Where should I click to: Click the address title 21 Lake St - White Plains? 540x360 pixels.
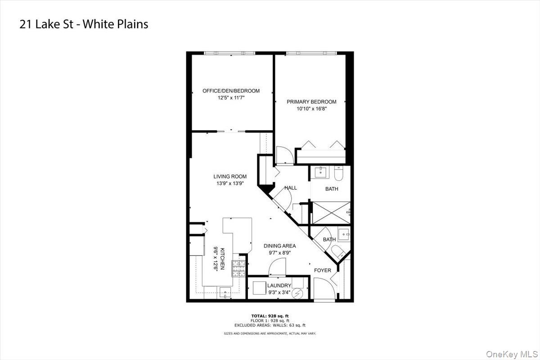coord(84,24)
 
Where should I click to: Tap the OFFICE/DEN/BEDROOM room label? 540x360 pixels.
coord(231,91)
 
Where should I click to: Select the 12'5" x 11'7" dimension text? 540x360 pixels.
coord(231,98)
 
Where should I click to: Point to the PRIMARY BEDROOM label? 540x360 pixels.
coord(311,102)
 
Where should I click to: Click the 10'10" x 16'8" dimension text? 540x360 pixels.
coord(311,109)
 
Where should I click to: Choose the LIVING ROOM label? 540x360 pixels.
coord(230,176)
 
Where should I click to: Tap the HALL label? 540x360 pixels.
coord(291,188)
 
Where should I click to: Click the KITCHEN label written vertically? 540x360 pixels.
coord(222,259)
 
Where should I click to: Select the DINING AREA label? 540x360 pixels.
coord(279,246)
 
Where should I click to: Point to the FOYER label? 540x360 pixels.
coord(323,270)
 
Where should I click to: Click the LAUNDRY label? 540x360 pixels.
coord(279,285)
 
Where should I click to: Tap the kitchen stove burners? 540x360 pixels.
coord(238,268)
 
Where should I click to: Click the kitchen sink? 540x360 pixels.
coord(225,293)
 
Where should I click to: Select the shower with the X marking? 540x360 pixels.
coord(331,213)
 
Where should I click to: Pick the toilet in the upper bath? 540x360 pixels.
coord(338,173)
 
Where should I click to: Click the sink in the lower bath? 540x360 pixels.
coord(344,234)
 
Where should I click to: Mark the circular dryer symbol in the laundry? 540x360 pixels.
coord(297,294)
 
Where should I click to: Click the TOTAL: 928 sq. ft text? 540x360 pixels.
coord(270,316)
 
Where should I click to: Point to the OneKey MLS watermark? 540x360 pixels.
coord(512,354)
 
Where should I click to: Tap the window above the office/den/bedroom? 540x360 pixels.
coord(229,53)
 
